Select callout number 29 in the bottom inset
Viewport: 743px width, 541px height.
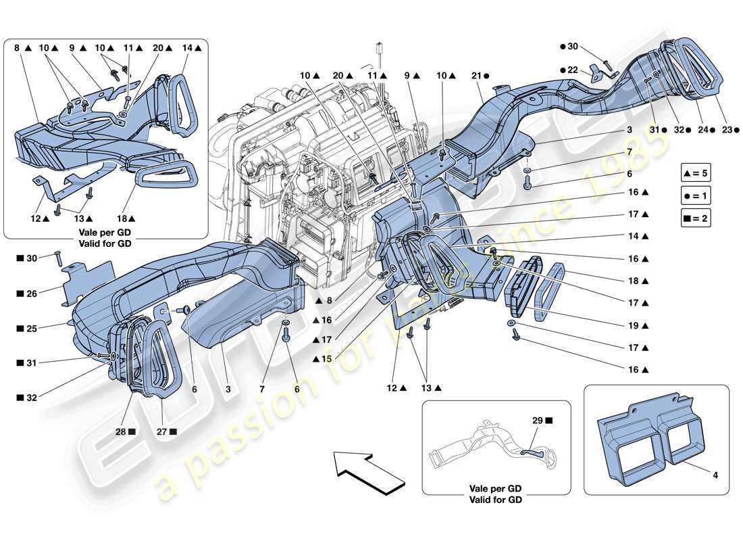538,421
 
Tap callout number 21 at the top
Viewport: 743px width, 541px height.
478,76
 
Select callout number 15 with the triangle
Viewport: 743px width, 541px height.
326,359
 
